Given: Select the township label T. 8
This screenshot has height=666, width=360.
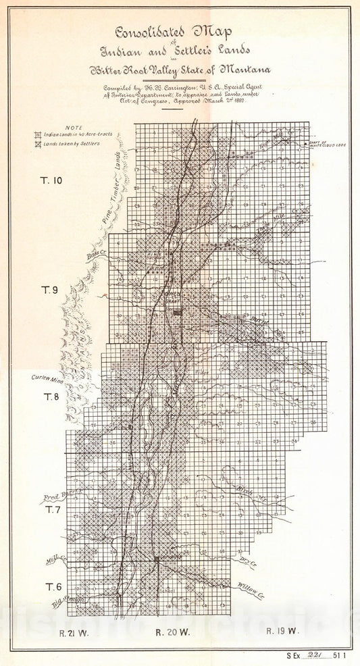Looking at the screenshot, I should click(53, 396).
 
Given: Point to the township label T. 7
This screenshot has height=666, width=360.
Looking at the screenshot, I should click(53, 510).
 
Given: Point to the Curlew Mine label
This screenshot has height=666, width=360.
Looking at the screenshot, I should click(45, 378).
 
